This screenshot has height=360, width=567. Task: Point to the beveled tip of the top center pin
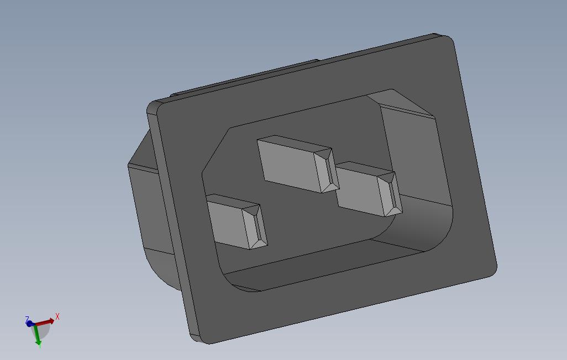327,170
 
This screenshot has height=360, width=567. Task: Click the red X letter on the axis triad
57,317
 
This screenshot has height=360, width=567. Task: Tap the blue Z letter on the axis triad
27,319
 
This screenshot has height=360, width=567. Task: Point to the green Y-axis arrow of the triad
36,335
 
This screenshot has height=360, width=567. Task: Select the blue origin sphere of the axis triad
30,324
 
